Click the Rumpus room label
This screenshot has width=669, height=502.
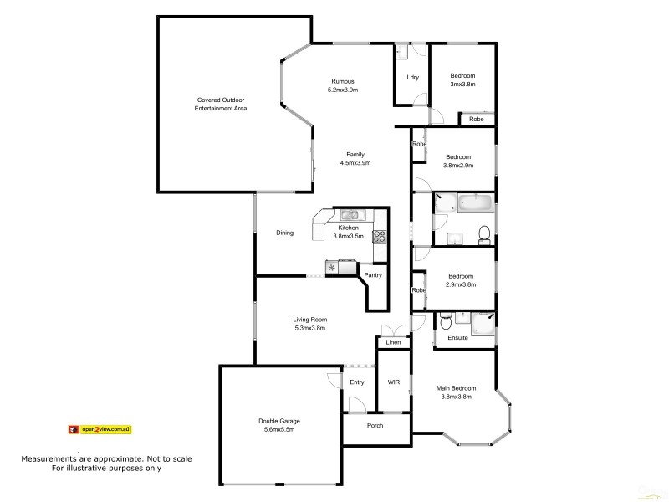[x=344, y=80]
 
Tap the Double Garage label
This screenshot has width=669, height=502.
[x=279, y=421]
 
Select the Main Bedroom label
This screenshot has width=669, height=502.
[x=456, y=388]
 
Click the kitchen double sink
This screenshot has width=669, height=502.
[x=350, y=215]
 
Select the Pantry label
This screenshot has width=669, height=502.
[x=373, y=274]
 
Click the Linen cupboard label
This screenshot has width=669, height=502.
[x=393, y=342]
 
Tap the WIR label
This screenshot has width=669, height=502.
[x=393, y=382]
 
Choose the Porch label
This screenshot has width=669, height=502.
[x=375, y=426]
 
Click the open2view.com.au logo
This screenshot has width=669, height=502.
[x=100, y=429]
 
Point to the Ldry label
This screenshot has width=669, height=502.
[x=411, y=78]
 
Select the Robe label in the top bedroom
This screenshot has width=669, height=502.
[x=476, y=120]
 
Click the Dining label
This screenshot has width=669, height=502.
[x=284, y=233]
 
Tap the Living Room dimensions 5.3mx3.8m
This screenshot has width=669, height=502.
[x=309, y=328]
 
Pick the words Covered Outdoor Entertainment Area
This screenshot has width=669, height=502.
[x=221, y=104]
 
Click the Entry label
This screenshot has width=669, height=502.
[x=357, y=382]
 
